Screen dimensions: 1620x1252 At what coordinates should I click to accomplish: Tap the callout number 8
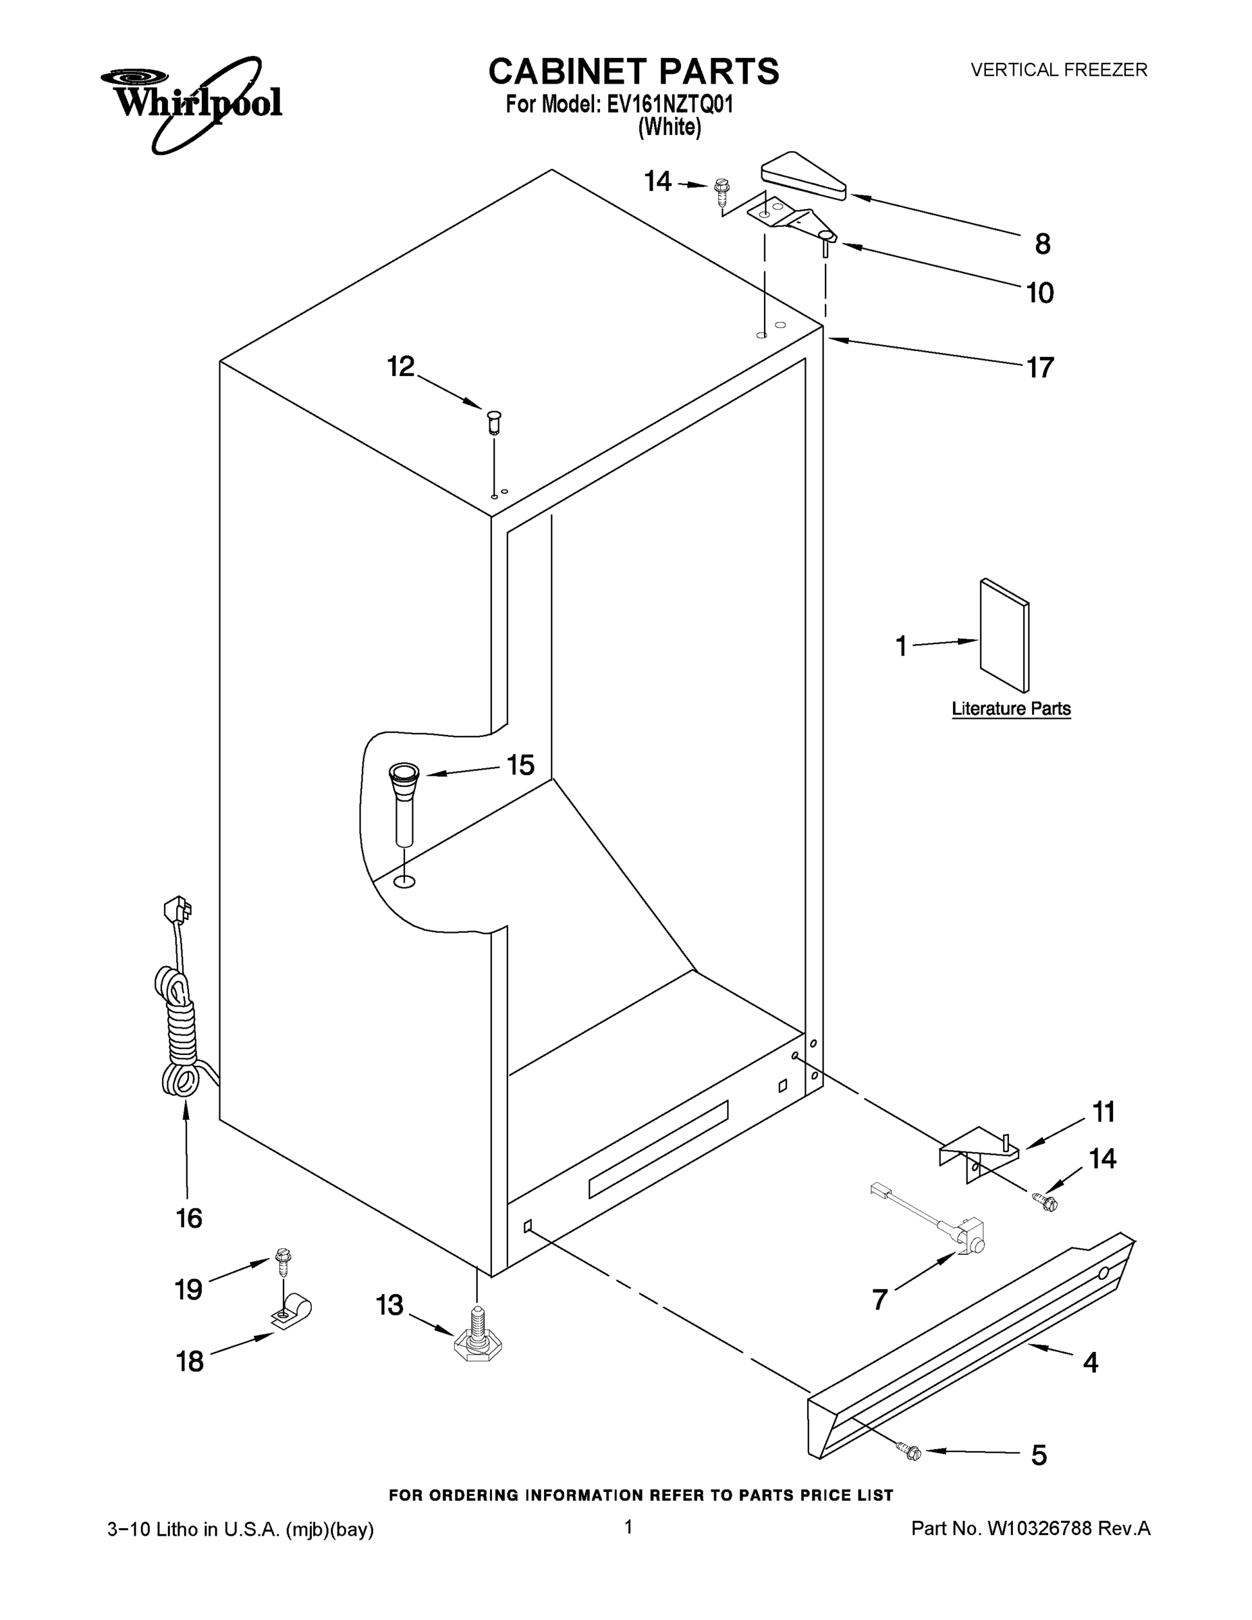[x=1042, y=244]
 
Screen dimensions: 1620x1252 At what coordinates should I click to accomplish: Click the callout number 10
[x=1040, y=294]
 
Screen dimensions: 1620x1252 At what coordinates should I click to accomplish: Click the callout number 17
[x=1040, y=367]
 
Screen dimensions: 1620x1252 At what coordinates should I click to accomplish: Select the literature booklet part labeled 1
[x=1004, y=636]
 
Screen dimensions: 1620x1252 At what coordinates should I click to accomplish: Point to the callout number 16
[x=189, y=1218]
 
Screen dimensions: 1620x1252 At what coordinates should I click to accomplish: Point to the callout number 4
[x=1089, y=1362]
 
